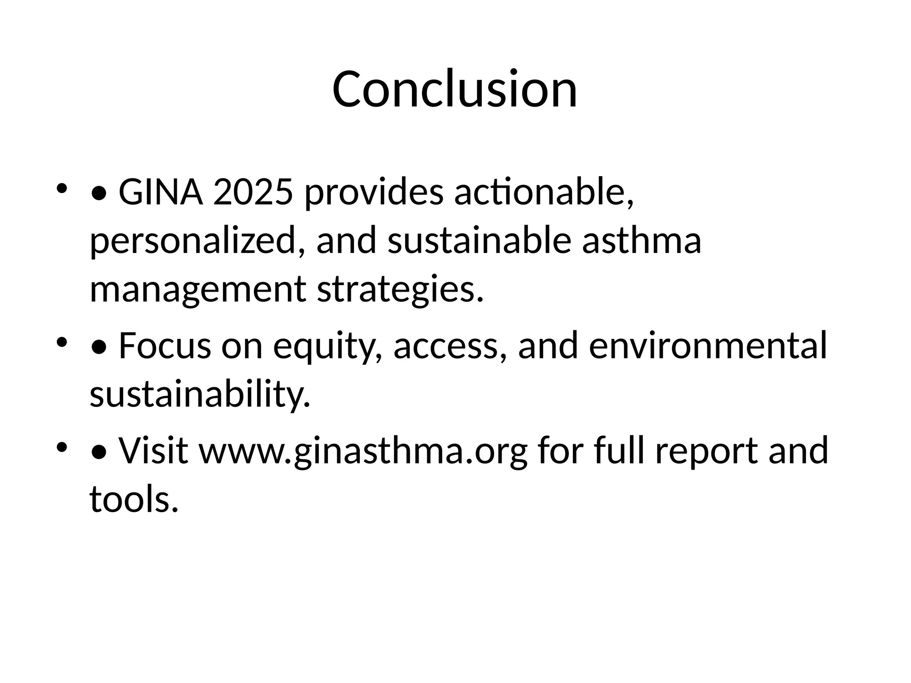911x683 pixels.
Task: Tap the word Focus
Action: (165, 346)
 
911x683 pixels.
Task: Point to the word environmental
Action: (708, 346)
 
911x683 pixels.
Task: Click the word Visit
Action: (153, 450)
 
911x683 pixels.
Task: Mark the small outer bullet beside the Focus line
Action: (62, 342)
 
